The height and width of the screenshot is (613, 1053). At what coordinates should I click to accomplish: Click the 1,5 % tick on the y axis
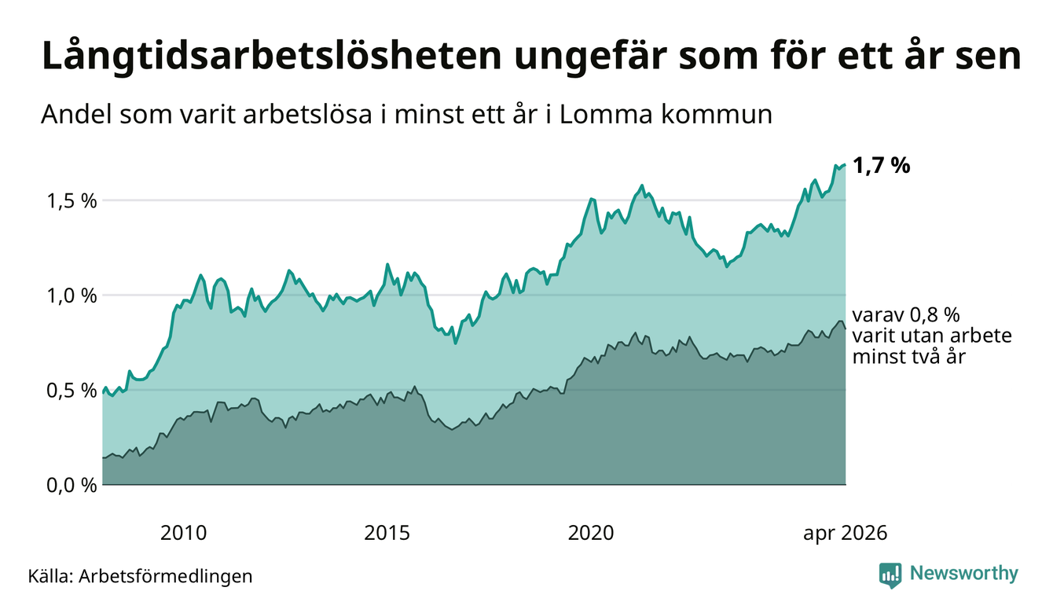point(72,201)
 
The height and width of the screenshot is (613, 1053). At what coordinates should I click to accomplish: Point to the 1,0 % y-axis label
point(72,296)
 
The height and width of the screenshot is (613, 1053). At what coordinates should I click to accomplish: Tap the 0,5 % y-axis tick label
point(72,391)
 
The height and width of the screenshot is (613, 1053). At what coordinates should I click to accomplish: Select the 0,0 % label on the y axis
point(72,486)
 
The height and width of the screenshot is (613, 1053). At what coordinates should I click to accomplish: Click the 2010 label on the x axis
point(183,534)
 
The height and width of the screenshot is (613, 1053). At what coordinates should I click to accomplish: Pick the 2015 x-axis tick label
point(387,534)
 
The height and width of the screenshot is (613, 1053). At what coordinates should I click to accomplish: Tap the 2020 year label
point(591,534)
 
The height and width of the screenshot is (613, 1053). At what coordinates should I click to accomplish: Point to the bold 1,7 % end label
point(882,166)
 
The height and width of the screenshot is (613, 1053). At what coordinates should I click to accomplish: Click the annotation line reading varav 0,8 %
point(906,315)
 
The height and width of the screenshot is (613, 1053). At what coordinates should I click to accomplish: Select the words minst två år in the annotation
point(908,357)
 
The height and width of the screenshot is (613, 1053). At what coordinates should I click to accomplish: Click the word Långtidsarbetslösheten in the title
point(272,57)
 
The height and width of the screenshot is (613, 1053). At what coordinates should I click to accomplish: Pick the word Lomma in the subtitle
point(606,116)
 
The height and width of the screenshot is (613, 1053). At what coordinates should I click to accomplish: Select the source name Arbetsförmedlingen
point(166,576)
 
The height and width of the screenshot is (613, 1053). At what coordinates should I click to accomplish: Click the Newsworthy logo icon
point(890,575)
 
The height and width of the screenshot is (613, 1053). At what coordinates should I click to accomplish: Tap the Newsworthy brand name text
point(964,574)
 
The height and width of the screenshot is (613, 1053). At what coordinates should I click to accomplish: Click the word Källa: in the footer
point(51,576)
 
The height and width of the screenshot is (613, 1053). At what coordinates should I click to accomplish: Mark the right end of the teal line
point(846,164)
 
